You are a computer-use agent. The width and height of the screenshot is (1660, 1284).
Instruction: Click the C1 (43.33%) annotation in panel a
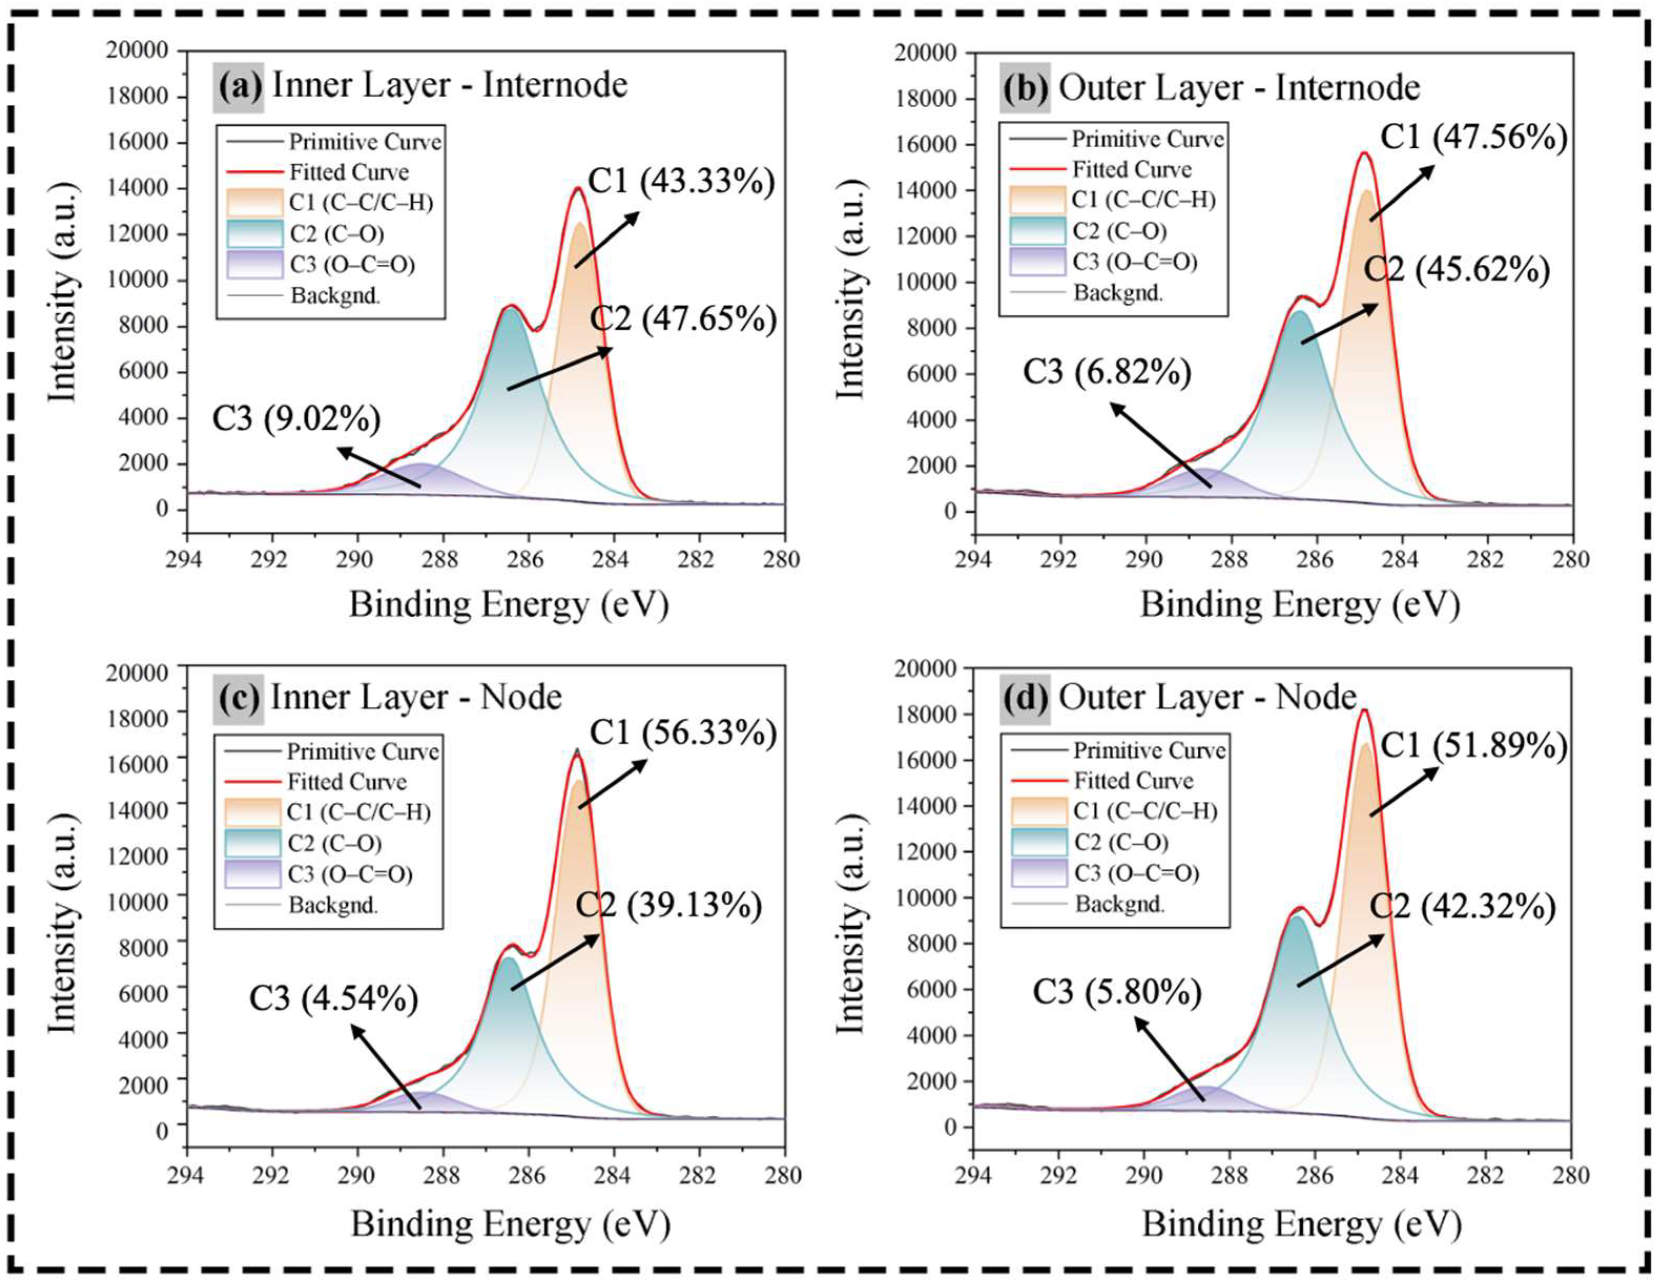pos(682,183)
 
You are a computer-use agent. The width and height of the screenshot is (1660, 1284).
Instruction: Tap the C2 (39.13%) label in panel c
pos(669,905)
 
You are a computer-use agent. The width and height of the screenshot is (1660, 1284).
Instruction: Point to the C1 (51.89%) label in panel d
pos(1473,746)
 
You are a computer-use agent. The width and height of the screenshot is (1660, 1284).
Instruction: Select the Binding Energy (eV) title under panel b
pos(1300,605)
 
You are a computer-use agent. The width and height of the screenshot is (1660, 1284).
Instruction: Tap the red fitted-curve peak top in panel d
pos(1364,711)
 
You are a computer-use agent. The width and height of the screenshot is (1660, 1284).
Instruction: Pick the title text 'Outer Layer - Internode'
pos(1239,88)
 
